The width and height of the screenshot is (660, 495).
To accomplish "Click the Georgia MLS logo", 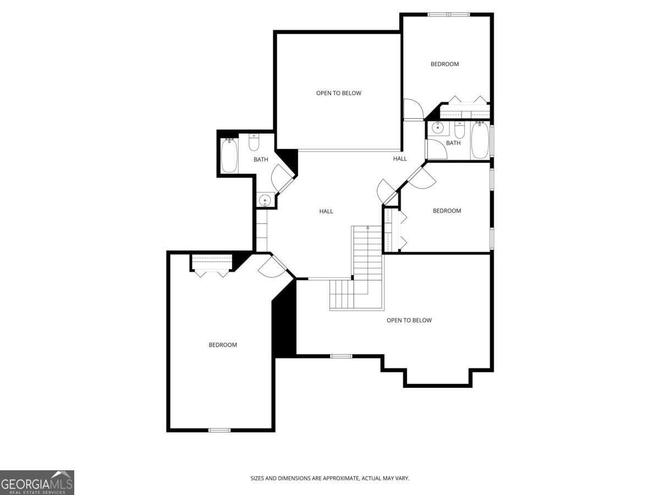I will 37,482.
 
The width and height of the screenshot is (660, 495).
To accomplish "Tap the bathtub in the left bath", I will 229,156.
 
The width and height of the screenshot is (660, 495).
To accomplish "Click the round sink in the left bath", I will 265,200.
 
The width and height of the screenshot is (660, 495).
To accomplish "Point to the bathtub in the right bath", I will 479,141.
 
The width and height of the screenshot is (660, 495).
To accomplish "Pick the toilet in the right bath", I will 460,131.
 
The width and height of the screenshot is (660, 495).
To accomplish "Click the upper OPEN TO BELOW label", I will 338,94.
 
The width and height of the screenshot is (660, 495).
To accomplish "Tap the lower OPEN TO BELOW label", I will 409,321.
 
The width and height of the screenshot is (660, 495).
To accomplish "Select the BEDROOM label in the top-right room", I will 444,64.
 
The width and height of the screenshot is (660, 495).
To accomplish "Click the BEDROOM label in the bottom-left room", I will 223,345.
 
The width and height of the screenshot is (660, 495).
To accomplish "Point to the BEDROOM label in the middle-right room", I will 447,211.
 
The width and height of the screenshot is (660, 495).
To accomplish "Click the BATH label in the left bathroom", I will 261,160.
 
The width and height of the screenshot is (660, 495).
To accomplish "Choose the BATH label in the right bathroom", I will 453,144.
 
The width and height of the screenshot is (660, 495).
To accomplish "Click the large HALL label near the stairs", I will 326,211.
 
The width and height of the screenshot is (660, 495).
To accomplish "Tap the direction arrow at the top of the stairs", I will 367,228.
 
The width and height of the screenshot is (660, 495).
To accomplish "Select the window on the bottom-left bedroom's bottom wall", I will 219,430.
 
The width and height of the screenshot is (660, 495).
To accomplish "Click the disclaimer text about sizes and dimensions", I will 330,479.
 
